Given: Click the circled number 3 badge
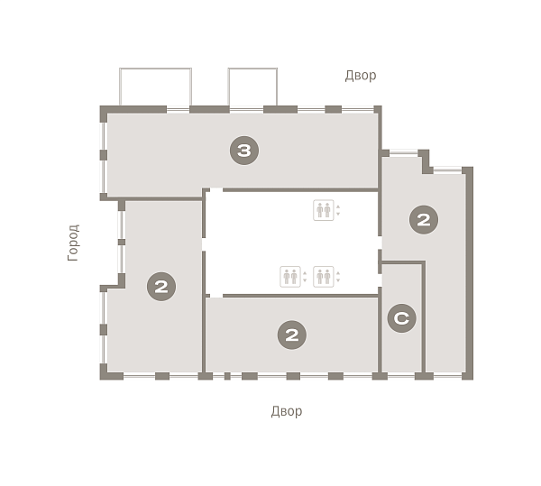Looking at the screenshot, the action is tap(244, 151).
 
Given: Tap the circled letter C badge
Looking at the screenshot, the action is tap(401, 318).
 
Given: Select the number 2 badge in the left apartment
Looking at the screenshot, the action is tap(161, 287).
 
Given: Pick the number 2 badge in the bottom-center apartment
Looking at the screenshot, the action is tap(292, 335).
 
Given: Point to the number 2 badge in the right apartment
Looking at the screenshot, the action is tap(424, 220).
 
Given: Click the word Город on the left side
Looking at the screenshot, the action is tap(74, 243).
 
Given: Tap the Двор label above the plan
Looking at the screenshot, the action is tap(361, 76).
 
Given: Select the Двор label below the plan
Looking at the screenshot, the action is tap(287, 411).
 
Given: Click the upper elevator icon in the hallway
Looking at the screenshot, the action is tap(324, 210).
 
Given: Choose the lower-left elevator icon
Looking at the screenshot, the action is tap(290, 277).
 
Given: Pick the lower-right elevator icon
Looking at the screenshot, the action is tap(324, 277).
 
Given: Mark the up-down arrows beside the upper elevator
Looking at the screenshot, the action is tap(338, 210).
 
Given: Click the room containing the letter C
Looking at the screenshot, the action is tap(402, 317).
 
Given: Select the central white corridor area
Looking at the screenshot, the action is tap(291, 243).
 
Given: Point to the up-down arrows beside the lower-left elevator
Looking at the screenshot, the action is tap(305, 277).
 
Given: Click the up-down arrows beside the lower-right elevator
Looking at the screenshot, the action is tap(338, 277).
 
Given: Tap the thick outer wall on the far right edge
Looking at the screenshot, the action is tap(469, 273).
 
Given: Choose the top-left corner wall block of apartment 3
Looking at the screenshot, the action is tap(104, 114).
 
